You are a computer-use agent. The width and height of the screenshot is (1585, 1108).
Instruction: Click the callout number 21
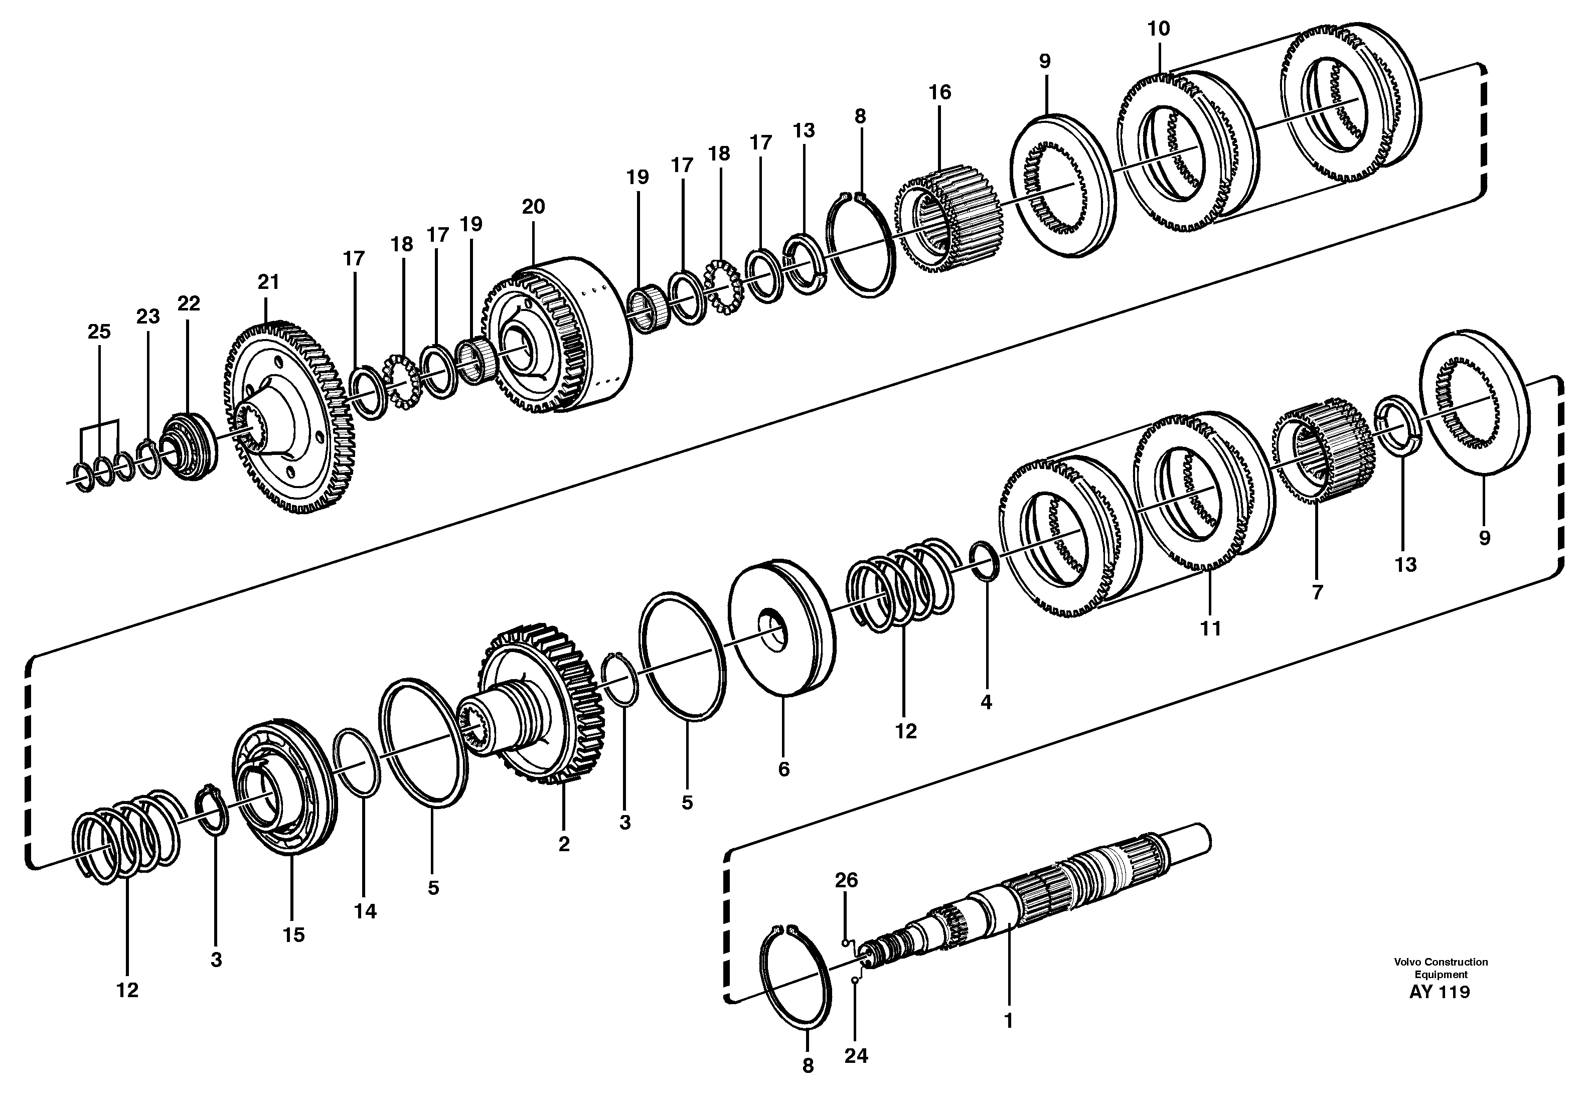[268, 282]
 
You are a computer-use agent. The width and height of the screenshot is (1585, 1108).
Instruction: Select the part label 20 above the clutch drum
[533, 207]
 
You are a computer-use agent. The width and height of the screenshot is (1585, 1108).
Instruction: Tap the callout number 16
[939, 92]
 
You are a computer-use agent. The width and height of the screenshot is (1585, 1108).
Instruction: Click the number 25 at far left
[99, 332]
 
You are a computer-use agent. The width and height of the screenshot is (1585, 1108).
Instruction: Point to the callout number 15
[293, 935]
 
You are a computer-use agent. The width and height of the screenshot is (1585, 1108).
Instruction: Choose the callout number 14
[365, 911]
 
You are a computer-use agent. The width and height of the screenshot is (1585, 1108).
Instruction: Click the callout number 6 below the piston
[783, 769]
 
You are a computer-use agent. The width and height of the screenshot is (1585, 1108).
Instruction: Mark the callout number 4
[986, 702]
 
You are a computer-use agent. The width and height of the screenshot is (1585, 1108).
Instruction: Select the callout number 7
[1317, 592]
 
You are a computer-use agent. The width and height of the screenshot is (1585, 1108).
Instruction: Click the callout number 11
[1210, 628]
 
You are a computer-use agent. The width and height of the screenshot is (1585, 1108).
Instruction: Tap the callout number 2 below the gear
[564, 844]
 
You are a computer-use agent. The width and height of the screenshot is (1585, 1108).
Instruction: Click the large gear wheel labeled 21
[290, 421]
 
